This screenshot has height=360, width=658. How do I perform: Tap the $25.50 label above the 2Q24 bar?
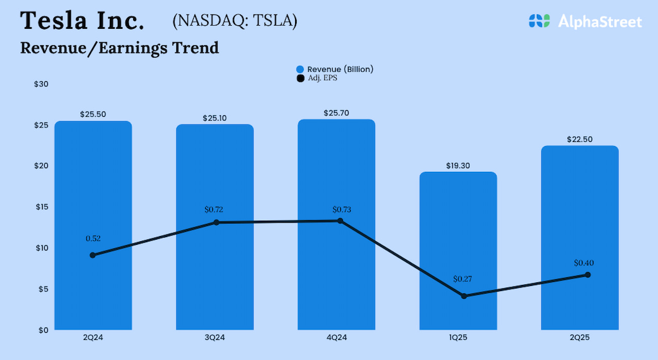click(x=93, y=115)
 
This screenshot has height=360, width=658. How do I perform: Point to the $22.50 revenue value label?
click(x=580, y=139)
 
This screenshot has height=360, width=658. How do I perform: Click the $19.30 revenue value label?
click(x=458, y=166)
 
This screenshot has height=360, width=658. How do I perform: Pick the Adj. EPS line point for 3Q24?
click(x=216, y=222)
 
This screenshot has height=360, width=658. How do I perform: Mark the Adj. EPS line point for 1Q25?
click(x=464, y=296)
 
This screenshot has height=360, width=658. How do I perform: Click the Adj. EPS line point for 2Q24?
click(x=93, y=255)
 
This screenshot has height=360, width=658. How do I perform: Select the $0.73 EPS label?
click(x=342, y=209)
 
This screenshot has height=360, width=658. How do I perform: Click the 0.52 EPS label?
click(x=93, y=238)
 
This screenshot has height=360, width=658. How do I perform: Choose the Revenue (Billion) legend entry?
click(x=335, y=69)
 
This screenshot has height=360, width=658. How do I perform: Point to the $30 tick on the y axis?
click(x=41, y=84)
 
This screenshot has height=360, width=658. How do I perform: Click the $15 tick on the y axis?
click(x=41, y=207)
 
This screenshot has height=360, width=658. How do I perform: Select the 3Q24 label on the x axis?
click(x=214, y=337)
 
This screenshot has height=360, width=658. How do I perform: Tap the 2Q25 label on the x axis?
click(x=580, y=337)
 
